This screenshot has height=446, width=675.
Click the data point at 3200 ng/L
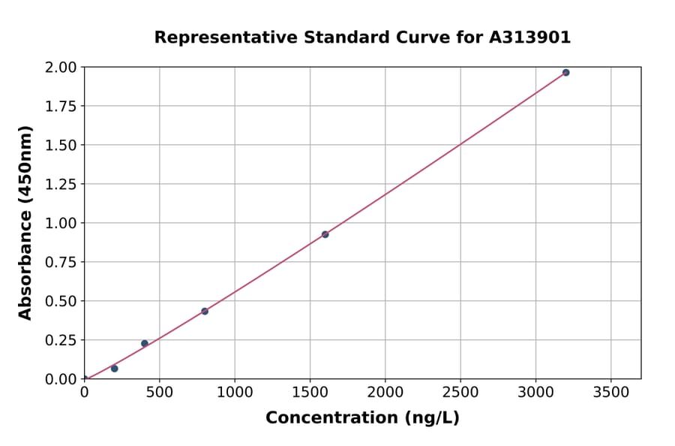565,73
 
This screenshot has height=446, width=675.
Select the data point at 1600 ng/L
325,234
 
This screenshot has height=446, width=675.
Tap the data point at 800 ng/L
205,311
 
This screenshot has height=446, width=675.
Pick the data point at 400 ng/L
145,343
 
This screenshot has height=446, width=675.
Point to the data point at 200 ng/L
115,369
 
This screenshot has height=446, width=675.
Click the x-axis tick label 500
159,392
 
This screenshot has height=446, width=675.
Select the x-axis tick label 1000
235,392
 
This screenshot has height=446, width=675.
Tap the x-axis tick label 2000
385,392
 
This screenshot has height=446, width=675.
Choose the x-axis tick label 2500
460,392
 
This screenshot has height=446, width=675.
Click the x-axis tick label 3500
610,392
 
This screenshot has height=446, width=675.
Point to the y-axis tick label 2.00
61,68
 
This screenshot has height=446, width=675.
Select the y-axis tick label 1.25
61,184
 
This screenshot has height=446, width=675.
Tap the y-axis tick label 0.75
61,262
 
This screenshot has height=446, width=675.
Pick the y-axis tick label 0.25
61,340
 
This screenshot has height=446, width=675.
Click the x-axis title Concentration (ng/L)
362,418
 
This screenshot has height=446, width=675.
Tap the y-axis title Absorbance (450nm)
25,223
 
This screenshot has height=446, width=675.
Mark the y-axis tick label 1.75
61,106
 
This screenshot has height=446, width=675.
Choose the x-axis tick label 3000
535,392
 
